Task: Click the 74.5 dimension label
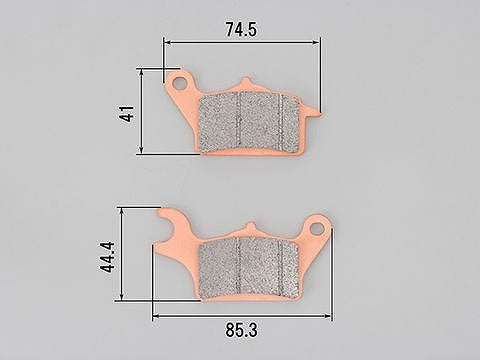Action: (x=241, y=30)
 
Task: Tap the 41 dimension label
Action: (x=128, y=113)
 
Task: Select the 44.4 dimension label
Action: (x=107, y=257)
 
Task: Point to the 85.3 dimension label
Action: (x=241, y=330)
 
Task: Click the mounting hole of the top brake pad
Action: (x=180, y=83)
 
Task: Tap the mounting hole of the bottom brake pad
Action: (x=317, y=229)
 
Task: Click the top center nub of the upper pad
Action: (x=246, y=83)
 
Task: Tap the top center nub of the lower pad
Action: (x=250, y=228)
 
